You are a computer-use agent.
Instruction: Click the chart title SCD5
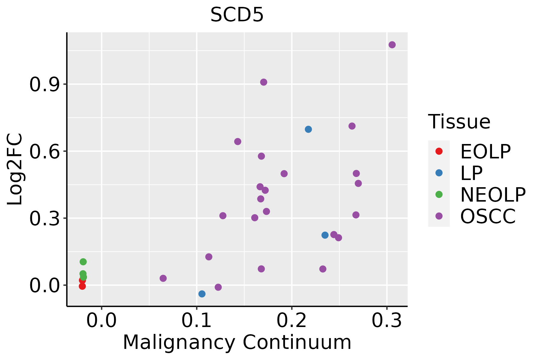tap(237, 15)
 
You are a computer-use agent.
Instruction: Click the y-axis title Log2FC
tap(15, 169)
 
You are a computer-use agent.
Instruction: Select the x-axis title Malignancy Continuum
tap(237, 342)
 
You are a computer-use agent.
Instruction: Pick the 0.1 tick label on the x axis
tap(196, 321)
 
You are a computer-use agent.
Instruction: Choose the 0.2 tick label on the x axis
tap(292, 321)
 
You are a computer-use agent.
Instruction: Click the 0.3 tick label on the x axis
tap(387, 321)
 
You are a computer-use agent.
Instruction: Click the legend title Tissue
tap(459, 122)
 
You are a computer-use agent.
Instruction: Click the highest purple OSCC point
tap(392, 45)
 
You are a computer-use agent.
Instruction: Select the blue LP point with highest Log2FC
tap(308, 129)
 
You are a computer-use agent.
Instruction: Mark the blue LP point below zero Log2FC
tap(202, 294)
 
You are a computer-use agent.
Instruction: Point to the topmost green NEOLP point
tap(83, 262)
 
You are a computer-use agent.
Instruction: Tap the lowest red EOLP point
tap(82, 286)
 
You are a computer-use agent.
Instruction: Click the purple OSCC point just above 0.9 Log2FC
tap(264, 82)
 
